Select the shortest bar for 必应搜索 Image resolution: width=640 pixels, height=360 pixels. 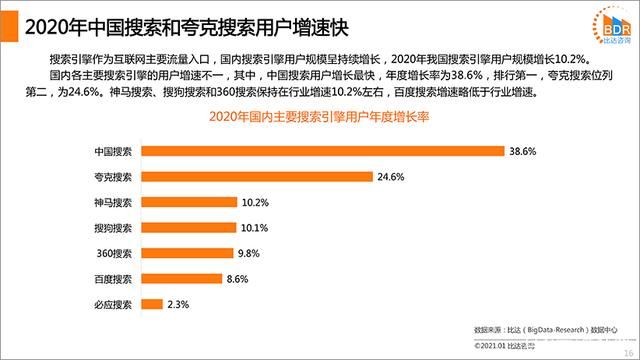coord(153,304)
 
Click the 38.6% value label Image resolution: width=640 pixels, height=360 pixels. coord(524,151)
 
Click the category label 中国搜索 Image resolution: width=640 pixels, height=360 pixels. coord(112,151)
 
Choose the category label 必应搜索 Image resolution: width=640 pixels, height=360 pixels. coord(112,304)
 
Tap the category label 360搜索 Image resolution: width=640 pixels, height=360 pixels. coord(114,253)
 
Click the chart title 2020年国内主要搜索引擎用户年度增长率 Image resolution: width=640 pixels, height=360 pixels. coord(318,119)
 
